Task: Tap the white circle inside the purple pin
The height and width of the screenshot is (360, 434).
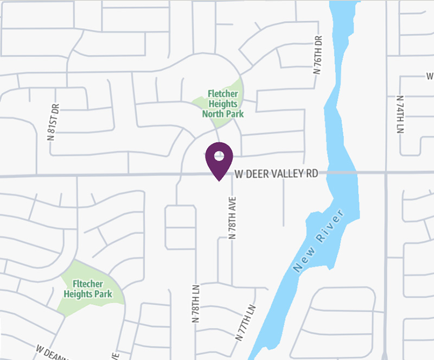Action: click(219, 156)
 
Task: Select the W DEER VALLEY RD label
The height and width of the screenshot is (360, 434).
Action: click(277, 174)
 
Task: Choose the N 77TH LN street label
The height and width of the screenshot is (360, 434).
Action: click(245, 322)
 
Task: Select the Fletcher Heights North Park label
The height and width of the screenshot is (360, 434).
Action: click(222, 104)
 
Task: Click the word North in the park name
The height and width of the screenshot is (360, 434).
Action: click(214, 114)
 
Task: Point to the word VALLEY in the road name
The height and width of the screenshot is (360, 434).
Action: click(285, 174)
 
